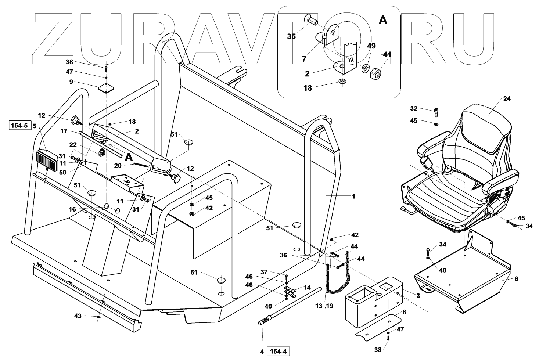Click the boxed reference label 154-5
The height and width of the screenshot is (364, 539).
pyautogui.click(x=20, y=126)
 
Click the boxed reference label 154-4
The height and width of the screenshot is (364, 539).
pyautogui.click(x=278, y=352)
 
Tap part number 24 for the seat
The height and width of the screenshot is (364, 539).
pyautogui.click(x=507, y=99)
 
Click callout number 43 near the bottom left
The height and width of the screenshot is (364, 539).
pyautogui.click(x=78, y=316)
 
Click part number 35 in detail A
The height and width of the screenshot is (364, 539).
pyautogui.click(x=291, y=37)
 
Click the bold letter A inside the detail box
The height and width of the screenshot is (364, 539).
pyautogui.click(x=383, y=20)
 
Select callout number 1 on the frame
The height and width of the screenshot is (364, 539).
pyautogui.click(x=353, y=197)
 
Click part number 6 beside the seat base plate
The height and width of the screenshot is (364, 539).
pyautogui.click(x=516, y=279)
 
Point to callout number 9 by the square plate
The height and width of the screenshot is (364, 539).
pyautogui.click(x=71, y=82)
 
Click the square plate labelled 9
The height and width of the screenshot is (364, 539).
pyautogui.click(x=105, y=88)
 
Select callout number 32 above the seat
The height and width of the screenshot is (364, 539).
pyautogui.click(x=414, y=108)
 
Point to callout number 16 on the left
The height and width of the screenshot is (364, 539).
pyautogui.click(x=72, y=209)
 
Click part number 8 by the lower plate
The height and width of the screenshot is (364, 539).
pyautogui.click(x=405, y=312)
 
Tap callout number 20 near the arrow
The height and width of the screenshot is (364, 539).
pyautogui.click(x=118, y=166)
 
